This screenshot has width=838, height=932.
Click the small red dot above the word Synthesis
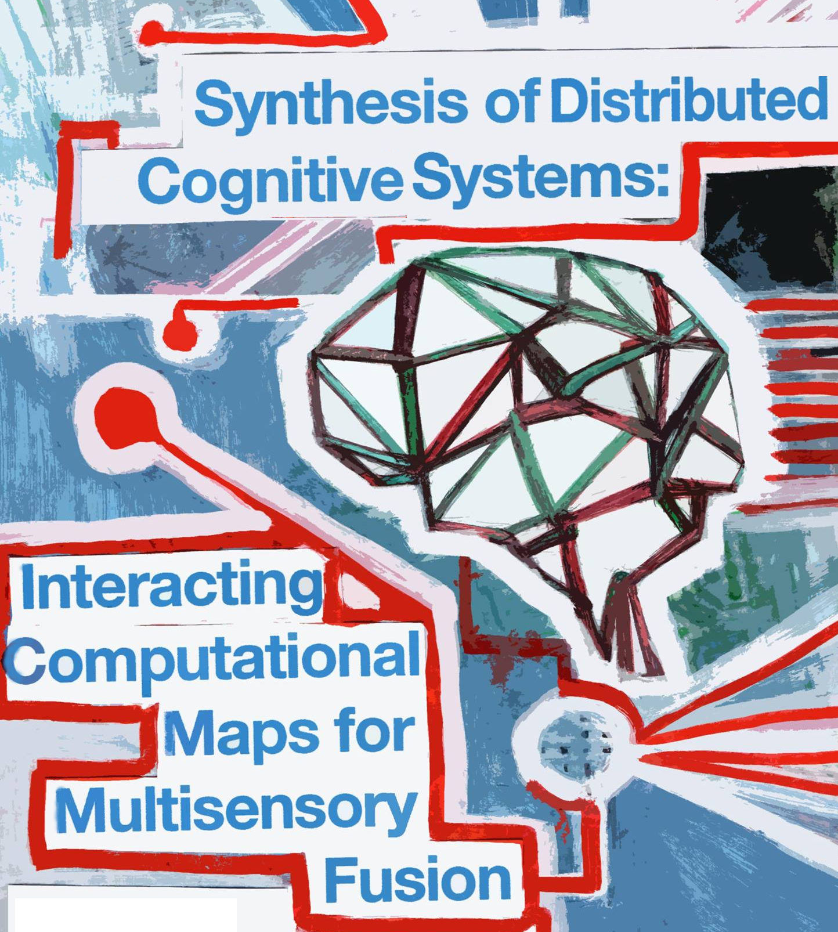152,30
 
